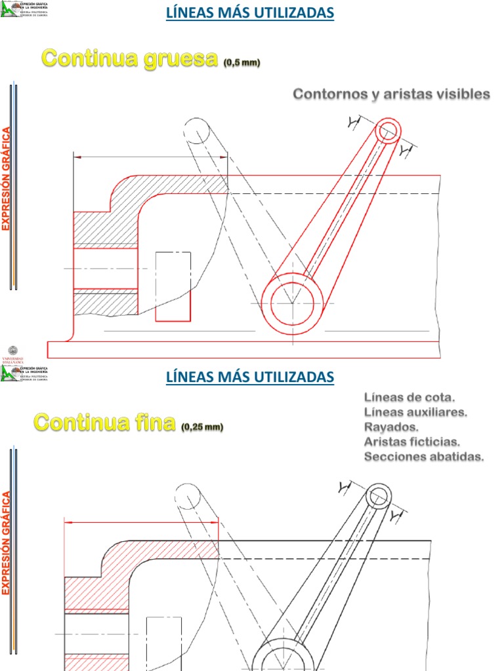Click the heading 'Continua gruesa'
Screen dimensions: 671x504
tap(129, 59)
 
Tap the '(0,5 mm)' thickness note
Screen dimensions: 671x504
tap(241, 63)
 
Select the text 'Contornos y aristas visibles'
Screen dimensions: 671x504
tap(391, 94)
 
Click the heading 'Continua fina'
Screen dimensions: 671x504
tap(105, 423)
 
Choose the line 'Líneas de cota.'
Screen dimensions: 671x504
tap(409, 397)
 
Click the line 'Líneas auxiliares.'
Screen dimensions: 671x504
tap(415, 412)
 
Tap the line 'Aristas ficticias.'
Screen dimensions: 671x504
tap(412, 442)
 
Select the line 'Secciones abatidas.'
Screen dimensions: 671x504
tap(424, 457)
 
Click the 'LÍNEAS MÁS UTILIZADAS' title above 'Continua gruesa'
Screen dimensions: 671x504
tap(249, 12)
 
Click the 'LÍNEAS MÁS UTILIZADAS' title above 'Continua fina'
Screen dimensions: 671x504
tap(249, 377)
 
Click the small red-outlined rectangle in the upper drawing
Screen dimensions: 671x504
tap(173, 286)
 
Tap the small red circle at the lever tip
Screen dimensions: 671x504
tap(388, 130)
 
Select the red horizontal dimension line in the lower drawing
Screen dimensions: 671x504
tap(141, 522)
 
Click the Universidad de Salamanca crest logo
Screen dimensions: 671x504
tap(13, 353)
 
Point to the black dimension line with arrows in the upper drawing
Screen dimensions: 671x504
tap(150, 157)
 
